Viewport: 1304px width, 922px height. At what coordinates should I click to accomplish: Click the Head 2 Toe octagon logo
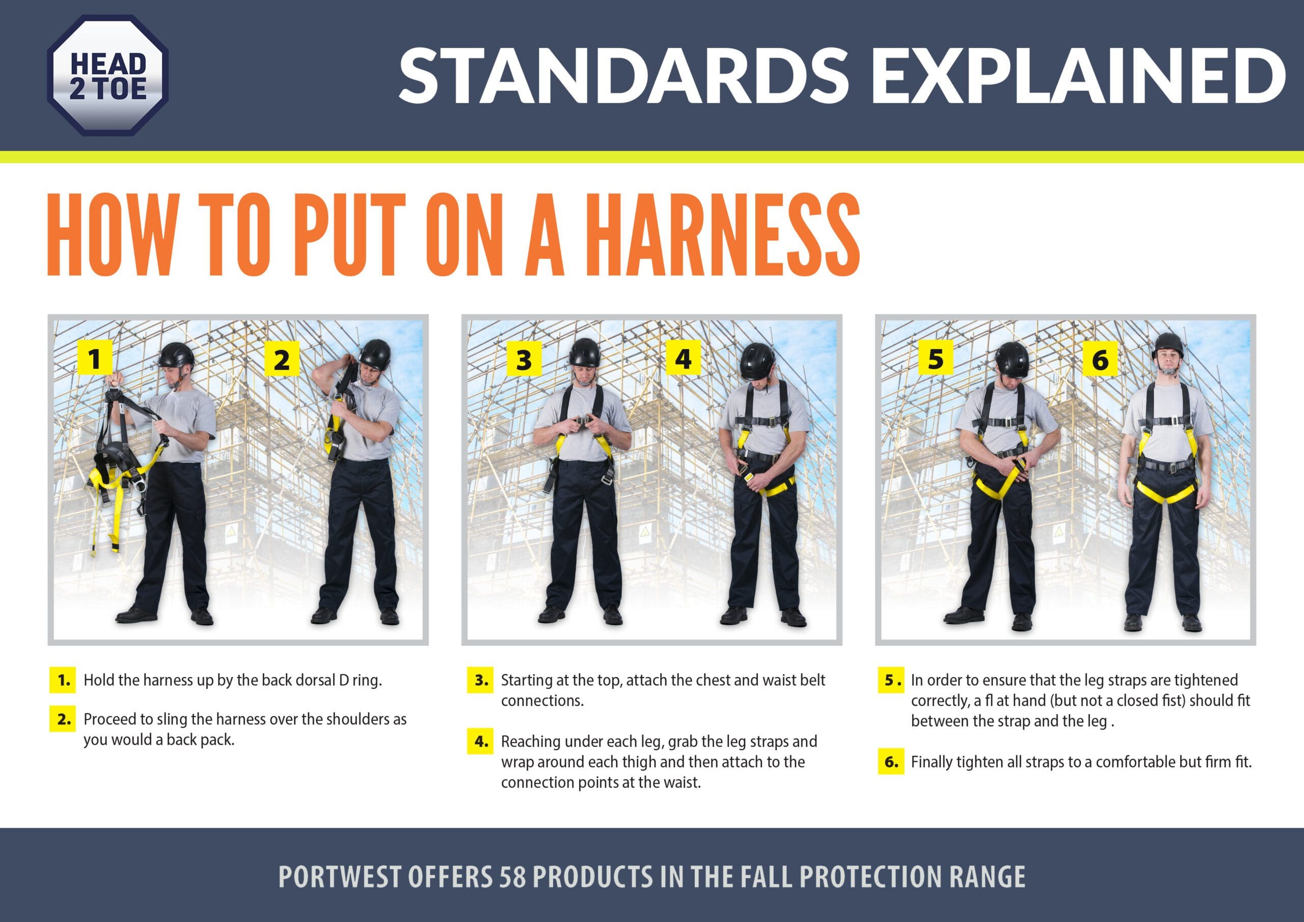tap(108, 75)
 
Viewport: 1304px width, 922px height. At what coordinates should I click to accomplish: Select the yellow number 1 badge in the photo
tap(94, 359)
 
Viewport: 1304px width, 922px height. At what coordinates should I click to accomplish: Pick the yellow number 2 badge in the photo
tap(282, 360)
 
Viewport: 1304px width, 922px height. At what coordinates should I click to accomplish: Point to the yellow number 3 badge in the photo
tap(524, 360)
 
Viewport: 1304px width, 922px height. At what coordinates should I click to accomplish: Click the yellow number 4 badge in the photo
tap(683, 359)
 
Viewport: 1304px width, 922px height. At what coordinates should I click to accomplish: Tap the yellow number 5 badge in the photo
tap(936, 359)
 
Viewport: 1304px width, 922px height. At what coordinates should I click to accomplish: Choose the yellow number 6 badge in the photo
tap(1100, 360)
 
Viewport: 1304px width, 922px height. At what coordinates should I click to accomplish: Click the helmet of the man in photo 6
tap(1169, 346)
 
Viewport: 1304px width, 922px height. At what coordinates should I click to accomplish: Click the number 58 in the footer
tap(513, 877)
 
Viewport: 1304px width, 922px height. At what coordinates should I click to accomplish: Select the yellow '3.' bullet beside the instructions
tap(480, 680)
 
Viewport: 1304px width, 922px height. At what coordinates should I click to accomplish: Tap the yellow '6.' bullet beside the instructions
tap(891, 762)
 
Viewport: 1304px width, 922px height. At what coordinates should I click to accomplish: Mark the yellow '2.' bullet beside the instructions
tap(63, 719)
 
